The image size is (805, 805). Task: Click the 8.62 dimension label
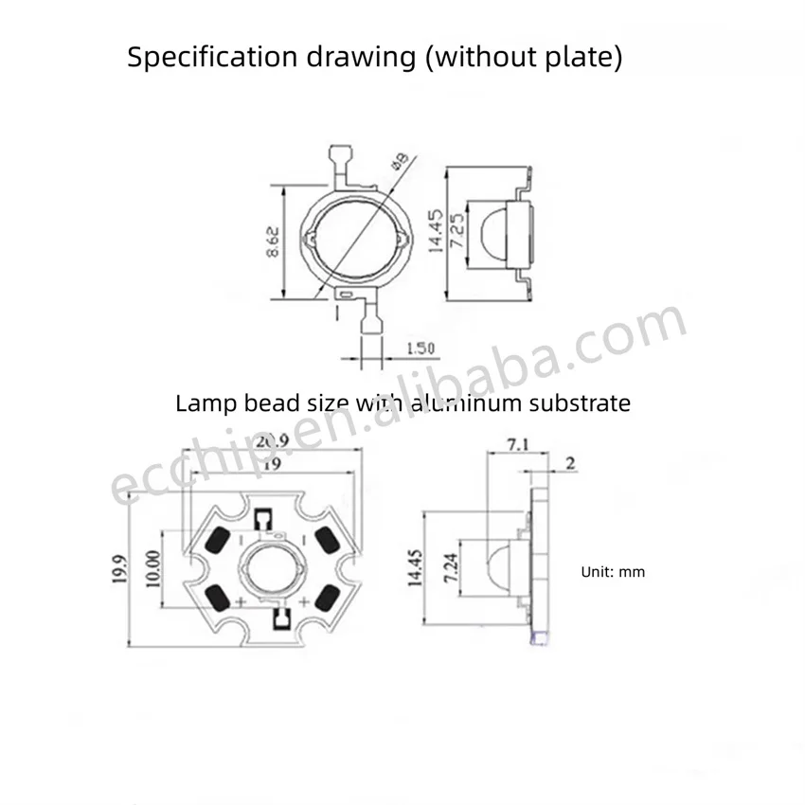pyautogui.click(x=273, y=241)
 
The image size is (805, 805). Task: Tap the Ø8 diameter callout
pyautogui.click(x=400, y=160)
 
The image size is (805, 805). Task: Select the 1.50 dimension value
pyautogui.click(x=420, y=349)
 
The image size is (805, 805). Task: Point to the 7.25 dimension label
pyautogui.click(x=456, y=230)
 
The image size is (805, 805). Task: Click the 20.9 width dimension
pyautogui.click(x=273, y=441)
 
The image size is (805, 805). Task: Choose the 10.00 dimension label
pyautogui.click(x=153, y=569)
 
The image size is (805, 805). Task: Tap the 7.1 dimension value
pyautogui.click(x=518, y=444)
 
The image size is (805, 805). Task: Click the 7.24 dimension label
pyautogui.click(x=451, y=568)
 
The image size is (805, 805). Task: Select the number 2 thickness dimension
pyautogui.click(x=570, y=464)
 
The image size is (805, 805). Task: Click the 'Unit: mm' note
pyautogui.click(x=613, y=572)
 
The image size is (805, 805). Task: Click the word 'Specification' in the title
pyautogui.click(x=212, y=57)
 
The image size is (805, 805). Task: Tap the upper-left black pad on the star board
pyautogui.click(x=217, y=540)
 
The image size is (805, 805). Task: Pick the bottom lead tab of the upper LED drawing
pyautogui.click(x=371, y=324)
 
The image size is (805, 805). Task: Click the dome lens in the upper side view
pyautogui.click(x=493, y=234)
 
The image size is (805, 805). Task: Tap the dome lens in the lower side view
pyautogui.click(x=498, y=568)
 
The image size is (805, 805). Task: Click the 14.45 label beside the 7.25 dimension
pyautogui.click(x=435, y=231)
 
